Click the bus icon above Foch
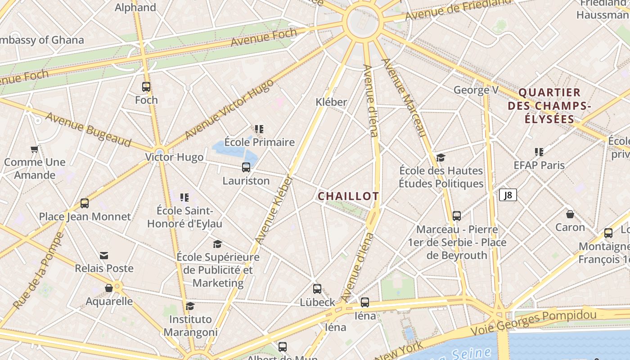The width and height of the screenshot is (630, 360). pos(146,87)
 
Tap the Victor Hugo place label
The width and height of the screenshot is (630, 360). pos(174,157)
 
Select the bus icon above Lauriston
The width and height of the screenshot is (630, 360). pos(246,167)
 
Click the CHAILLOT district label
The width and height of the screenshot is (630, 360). pos(348,196)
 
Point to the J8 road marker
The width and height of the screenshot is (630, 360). pos(508,195)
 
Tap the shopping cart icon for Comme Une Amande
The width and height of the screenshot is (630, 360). pos(34,149)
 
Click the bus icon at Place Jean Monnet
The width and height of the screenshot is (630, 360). pos(85,203)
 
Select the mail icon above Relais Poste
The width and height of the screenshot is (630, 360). pos(104,256)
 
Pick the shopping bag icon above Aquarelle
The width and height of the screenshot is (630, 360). pos(109,288)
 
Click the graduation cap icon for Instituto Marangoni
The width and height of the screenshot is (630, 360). pos(190,306)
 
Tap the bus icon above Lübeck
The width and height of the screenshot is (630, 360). pos(317,289)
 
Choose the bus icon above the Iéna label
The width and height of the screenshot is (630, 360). pos(365,302)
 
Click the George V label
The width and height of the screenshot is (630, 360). pos(476,90)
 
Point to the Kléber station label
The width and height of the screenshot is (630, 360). pos(331,102)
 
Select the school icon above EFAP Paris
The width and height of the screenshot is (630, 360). pos(539,152)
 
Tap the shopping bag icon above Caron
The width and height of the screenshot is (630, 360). pos(570,214)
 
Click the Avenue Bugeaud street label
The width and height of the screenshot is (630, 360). pos(88,130)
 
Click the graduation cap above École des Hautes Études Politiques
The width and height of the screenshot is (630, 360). pos(441,157)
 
